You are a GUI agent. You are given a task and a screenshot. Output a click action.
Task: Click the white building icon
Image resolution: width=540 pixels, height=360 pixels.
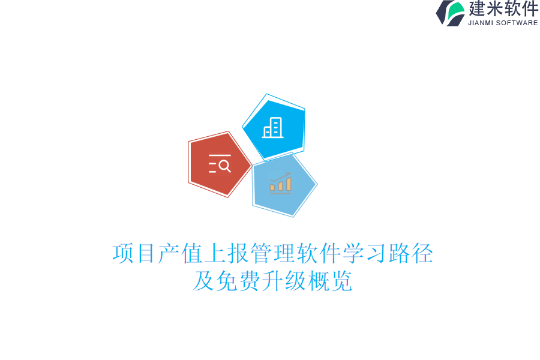coord(273,128)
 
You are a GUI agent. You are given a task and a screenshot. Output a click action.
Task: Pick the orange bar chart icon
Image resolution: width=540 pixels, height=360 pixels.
coord(280,184)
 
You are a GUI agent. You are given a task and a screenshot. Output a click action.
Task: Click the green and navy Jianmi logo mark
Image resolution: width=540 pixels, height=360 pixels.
coord(451,13)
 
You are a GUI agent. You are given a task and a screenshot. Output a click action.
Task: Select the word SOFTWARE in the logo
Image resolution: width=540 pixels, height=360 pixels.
coord(517,23)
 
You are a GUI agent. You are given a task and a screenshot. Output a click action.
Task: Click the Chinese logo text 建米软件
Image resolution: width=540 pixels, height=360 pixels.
coord(503,9)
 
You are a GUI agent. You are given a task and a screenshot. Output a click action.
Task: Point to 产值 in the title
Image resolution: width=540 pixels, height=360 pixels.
coord(180,253)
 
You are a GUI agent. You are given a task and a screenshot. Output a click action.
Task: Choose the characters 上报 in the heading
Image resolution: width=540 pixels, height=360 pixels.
coord(226,253)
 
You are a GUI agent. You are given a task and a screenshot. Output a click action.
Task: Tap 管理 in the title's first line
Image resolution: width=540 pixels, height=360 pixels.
coord(272,253)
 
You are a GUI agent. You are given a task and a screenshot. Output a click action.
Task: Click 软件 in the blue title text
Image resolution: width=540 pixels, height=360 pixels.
coord(319,253)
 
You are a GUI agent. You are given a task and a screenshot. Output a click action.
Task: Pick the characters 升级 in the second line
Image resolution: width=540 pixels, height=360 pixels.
coord(284,281)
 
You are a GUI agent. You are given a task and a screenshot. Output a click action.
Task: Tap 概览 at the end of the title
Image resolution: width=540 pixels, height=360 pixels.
coord(330,281)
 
